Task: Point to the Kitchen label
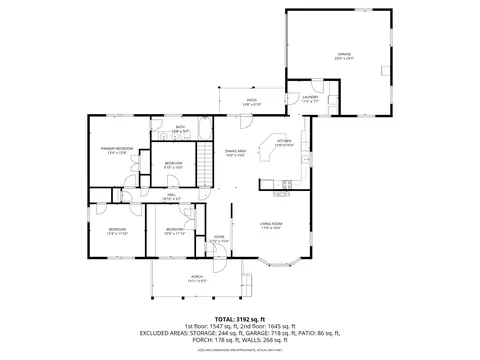pyautogui.click(x=284, y=142)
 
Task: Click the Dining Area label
pyautogui.click(x=235, y=152)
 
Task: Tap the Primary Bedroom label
pyautogui.click(x=117, y=149)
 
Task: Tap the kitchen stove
pyautogui.click(x=285, y=184)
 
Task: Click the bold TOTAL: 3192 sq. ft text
pyautogui.click(x=239, y=316)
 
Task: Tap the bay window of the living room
pyautogui.click(x=271, y=262)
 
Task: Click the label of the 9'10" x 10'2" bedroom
pyautogui.click(x=173, y=165)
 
